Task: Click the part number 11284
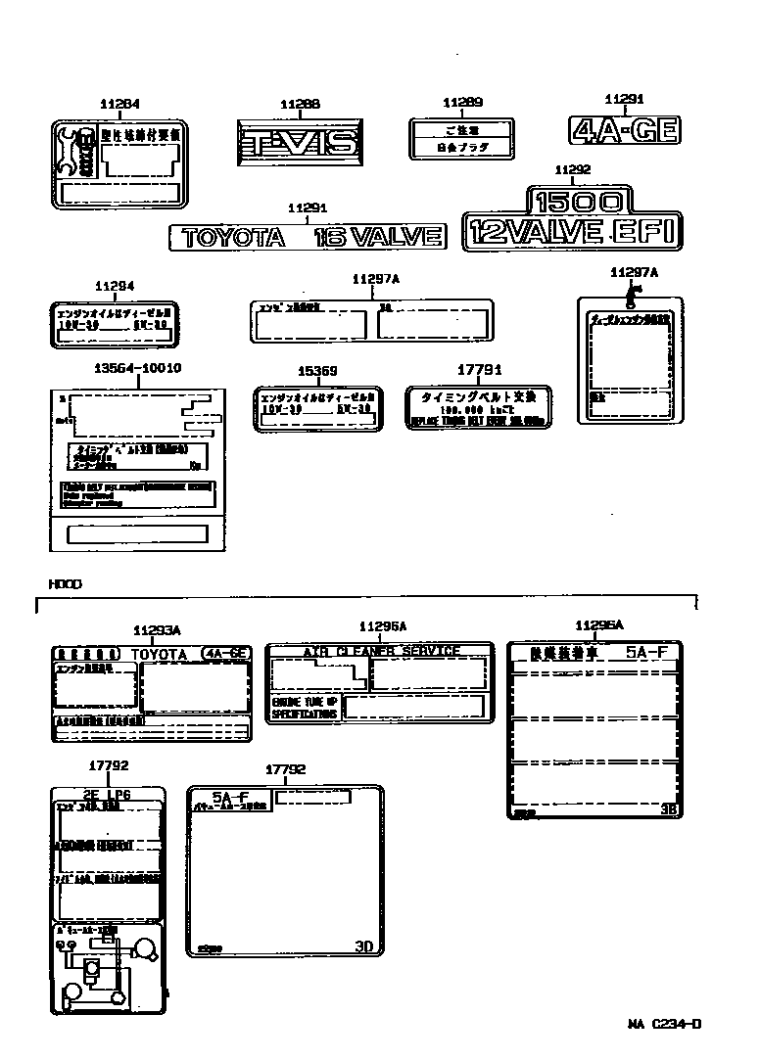tap(119, 104)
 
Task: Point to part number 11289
tap(462, 103)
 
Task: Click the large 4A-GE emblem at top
tap(625, 130)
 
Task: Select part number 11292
tap(571, 170)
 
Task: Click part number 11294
tap(115, 286)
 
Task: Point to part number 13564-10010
tap(138, 368)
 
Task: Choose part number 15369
tap(317, 371)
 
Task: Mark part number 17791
tap(480, 370)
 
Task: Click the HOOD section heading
tap(65, 583)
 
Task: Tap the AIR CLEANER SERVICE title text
tap(380, 651)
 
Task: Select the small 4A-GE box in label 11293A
tap(225, 653)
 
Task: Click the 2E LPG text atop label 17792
tap(106, 794)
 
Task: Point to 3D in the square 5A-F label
tap(363, 946)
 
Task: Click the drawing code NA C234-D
tap(665, 1025)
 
